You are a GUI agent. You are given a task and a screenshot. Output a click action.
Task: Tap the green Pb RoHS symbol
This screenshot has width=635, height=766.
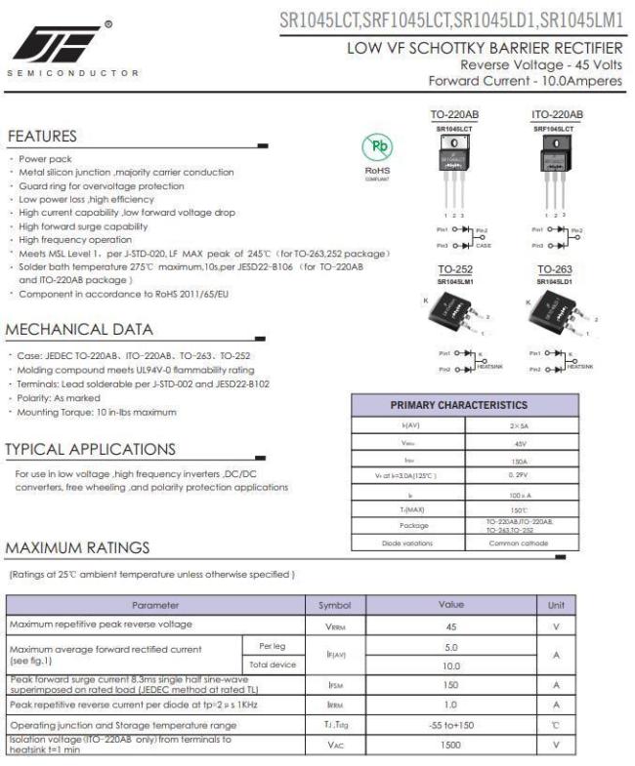pyautogui.click(x=377, y=149)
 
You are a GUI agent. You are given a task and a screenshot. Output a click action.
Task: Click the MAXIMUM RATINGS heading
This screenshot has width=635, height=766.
pyautogui.click(x=79, y=548)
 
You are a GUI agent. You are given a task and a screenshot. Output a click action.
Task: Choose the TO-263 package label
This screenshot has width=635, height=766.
pyautogui.click(x=553, y=269)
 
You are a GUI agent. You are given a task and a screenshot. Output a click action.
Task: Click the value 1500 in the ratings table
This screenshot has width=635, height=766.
pyautogui.click(x=451, y=745)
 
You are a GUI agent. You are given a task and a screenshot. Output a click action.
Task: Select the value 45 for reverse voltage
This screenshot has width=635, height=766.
pyautogui.click(x=451, y=625)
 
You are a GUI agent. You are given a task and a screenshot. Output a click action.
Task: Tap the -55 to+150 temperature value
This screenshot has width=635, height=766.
pyautogui.click(x=451, y=725)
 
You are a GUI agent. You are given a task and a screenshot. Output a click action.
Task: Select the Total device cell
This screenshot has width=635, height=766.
pyautogui.click(x=272, y=665)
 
